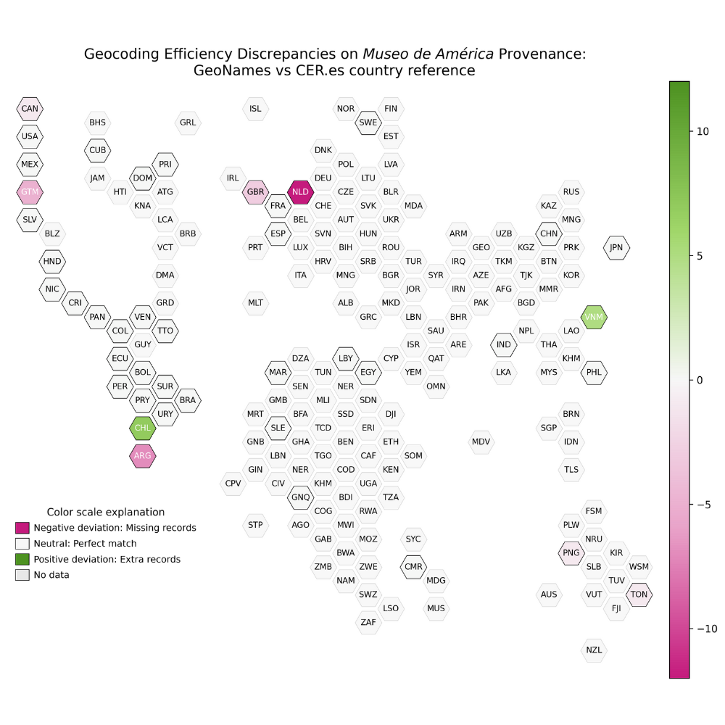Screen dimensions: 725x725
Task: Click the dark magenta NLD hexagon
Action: click(300, 192)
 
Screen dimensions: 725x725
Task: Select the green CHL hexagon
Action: click(143, 428)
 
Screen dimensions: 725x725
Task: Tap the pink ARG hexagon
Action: click(143, 455)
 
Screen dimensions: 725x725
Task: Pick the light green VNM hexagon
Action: click(594, 317)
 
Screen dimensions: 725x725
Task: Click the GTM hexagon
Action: click(30, 192)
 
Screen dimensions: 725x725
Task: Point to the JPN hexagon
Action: click(616, 247)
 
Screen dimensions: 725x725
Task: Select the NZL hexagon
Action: click(594, 650)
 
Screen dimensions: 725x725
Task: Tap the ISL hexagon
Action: click(255, 109)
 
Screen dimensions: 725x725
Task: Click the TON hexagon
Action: click(639, 594)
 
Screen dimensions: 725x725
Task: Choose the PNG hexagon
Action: click(571, 553)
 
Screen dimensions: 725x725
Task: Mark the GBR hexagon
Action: click(255, 192)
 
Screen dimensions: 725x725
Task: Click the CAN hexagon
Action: click(30, 109)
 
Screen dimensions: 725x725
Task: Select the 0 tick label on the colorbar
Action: click(700, 380)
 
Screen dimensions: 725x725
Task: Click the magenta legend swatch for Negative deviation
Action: click(22, 527)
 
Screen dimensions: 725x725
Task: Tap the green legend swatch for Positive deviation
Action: click(22, 559)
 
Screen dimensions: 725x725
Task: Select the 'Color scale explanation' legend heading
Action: click(106, 512)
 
